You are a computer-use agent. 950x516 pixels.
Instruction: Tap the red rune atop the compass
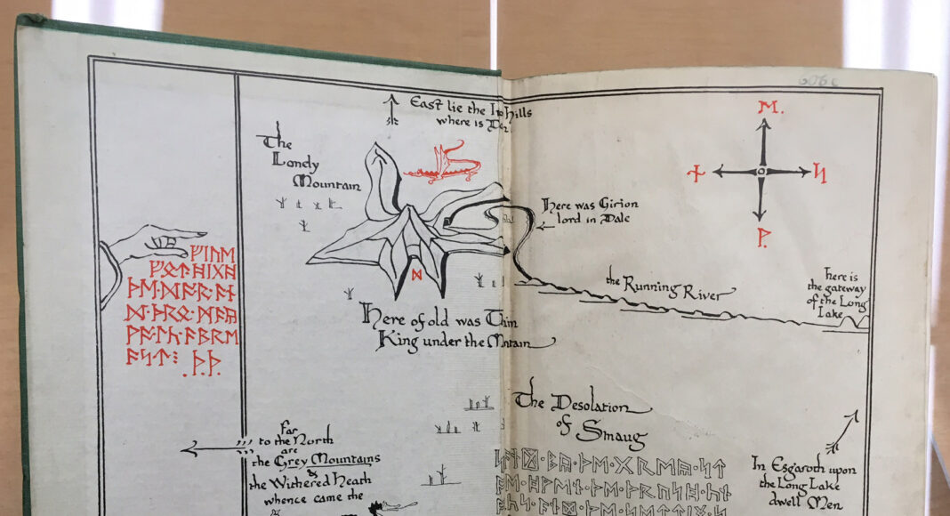(x=762, y=109)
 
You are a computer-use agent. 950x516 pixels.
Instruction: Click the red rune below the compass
(x=761, y=238)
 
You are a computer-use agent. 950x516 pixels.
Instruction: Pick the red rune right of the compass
(x=819, y=173)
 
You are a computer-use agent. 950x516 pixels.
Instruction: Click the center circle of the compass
(x=761, y=171)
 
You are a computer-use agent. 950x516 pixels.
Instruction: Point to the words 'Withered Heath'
(x=315, y=482)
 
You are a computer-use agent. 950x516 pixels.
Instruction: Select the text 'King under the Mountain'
(x=463, y=339)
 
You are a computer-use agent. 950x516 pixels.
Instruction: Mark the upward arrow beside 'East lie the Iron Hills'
(x=390, y=109)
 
